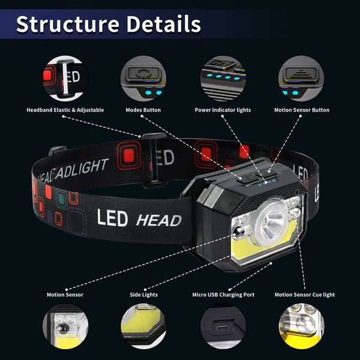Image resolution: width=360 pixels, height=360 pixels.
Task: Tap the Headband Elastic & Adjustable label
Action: [x=65, y=110]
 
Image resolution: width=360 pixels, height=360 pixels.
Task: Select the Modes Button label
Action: [x=143, y=110]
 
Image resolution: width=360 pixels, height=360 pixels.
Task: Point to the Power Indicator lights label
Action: [x=223, y=110]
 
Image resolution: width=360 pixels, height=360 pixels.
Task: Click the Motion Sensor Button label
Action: [x=302, y=110]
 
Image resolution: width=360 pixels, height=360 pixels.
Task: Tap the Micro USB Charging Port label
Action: [x=223, y=295]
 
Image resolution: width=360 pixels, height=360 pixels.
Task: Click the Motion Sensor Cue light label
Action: [x=304, y=295]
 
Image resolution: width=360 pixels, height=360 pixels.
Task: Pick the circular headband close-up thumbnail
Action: [x=65, y=79]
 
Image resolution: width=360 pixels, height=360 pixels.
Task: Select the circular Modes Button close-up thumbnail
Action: [x=143, y=79]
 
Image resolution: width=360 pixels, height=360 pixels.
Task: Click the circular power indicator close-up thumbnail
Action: [x=223, y=79]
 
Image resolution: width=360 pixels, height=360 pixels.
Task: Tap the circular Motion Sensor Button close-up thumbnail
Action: [x=302, y=79]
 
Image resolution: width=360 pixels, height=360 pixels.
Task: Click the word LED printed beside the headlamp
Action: [x=112, y=218]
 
